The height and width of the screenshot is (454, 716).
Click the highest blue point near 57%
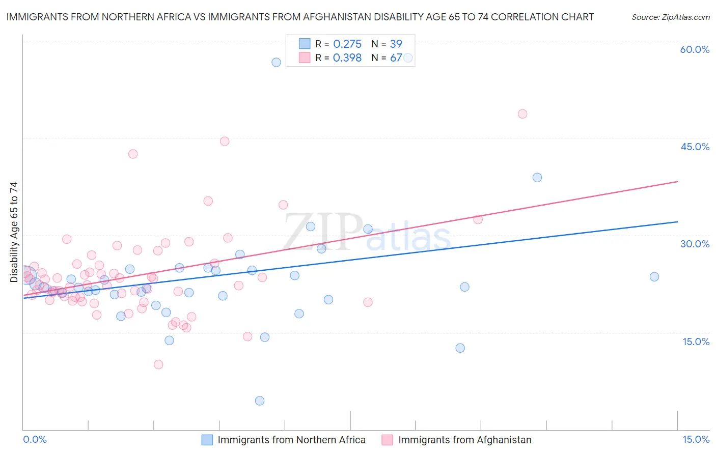point(276,62)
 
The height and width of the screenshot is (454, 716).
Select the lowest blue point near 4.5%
point(260,401)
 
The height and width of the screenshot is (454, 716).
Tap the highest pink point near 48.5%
point(522,114)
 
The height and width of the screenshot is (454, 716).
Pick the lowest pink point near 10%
point(158,364)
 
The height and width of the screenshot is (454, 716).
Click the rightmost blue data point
point(654,277)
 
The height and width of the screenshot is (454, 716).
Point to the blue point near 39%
point(537,178)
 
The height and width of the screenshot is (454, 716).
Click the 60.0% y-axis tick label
point(695,49)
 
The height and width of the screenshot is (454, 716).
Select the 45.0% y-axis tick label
point(695,147)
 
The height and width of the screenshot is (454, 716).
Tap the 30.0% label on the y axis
point(695,244)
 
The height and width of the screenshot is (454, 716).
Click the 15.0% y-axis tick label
point(696,342)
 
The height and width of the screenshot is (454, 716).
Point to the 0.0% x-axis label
point(35,439)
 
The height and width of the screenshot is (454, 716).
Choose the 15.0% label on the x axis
point(696,439)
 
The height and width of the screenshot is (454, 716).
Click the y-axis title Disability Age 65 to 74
point(14,232)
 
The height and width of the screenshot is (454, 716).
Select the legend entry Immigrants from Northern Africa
point(291,440)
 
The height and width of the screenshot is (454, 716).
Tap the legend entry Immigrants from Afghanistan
point(464,440)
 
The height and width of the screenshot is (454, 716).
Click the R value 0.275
point(347,44)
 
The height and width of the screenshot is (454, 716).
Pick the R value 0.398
point(347,58)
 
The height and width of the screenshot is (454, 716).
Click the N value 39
point(396,44)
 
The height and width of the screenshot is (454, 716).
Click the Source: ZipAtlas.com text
point(670,17)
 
